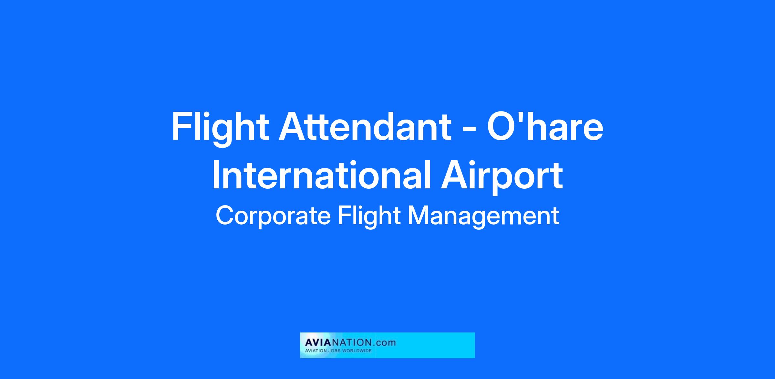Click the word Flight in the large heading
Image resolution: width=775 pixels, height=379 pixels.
220,127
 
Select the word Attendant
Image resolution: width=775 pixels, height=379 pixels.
365,126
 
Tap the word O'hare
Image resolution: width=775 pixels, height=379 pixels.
545,126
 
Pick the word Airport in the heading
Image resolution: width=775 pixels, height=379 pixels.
502,177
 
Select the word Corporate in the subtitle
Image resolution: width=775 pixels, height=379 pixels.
273,216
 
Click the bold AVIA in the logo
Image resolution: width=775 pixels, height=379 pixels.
317,342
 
